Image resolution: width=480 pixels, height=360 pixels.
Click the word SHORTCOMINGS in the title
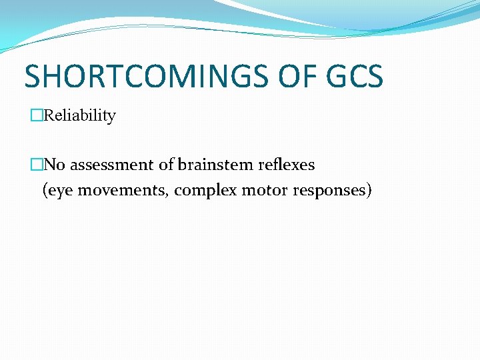[x=138, y=76]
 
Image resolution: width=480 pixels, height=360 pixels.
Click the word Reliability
[x=80, y=115]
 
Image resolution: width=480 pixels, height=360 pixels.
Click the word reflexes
[x=283, y=164]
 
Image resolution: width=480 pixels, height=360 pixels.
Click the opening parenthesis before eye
[x=45, y=191]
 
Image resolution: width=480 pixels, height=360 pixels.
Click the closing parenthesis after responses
[x=369, y=191]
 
